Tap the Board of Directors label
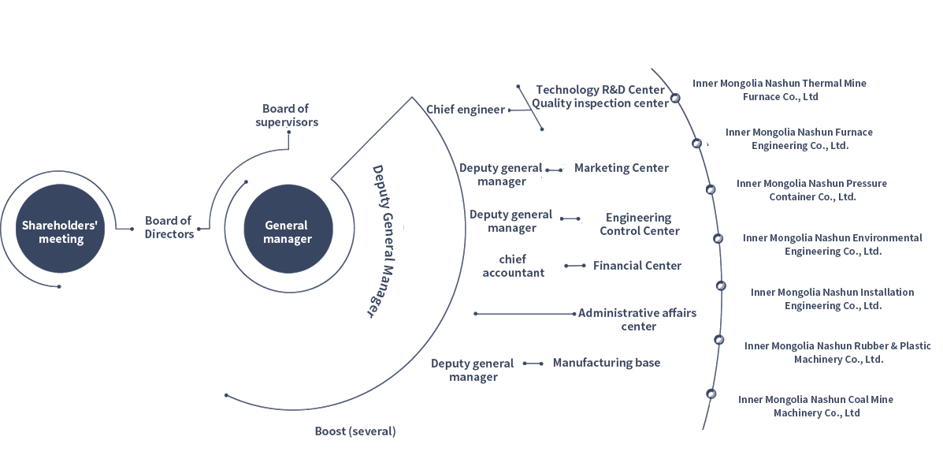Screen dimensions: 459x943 click(x=169, y=227)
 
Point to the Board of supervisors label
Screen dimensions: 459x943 click(x=286, y=115)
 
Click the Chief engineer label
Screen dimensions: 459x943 click(x=465, y=110)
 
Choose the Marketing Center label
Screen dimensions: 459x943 click(x=621, y=168)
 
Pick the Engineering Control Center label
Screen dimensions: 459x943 click(x=639, y=224)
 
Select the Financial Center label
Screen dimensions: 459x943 click(x=637, y=266)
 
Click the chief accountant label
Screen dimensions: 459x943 click(x=513, y=266)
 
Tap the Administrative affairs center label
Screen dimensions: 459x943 click(x=637, y=319)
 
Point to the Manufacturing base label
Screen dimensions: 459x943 click(x=606, y=363)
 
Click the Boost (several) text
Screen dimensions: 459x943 click(x=355, y=431)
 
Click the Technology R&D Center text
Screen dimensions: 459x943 click(x=600, y=90)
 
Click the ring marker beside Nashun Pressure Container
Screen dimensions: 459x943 click(x=711, y=189)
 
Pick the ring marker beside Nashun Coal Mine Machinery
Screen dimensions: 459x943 click(x=711, y=394)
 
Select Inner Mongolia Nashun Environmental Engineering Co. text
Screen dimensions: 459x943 click(x=832, y=244)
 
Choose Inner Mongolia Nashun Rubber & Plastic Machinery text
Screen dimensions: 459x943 click(x=837, y=353)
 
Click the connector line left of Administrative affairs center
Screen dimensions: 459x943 click(x=525, y=314)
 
